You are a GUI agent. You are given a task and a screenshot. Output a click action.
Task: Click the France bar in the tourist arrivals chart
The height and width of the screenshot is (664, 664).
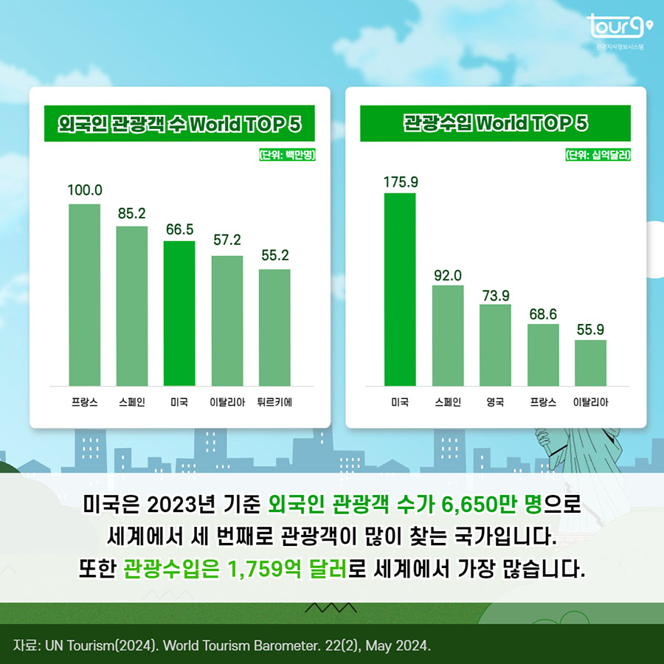84,294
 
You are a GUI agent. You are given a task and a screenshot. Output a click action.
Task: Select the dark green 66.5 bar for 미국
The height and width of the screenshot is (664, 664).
179,313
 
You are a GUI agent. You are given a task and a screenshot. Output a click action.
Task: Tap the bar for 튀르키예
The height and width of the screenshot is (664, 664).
274,327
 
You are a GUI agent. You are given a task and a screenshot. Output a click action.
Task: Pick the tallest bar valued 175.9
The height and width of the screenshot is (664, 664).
400,288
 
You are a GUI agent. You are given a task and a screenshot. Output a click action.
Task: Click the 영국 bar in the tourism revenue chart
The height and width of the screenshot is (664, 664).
495,345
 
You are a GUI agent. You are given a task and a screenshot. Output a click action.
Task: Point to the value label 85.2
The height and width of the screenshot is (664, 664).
131,213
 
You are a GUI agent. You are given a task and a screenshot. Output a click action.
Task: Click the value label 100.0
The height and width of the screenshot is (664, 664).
84,190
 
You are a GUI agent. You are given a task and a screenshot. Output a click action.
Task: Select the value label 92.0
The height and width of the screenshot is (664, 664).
447,275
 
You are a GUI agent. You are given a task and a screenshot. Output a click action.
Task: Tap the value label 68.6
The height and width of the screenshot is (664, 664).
542,314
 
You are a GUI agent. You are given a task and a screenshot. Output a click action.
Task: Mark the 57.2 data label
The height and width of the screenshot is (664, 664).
226,241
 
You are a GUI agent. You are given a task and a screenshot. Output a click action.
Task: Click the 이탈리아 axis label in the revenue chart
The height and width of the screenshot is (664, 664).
590,403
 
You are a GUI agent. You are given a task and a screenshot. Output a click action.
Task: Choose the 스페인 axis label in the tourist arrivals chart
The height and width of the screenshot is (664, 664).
131,403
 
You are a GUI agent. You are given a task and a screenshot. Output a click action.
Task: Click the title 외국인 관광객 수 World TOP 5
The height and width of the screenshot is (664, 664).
179,124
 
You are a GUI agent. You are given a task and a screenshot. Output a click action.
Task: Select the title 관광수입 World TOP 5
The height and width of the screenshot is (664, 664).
495,124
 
